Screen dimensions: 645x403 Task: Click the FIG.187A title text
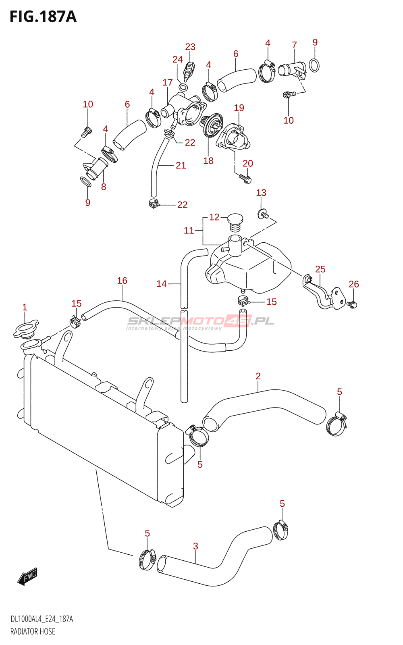point(43,17)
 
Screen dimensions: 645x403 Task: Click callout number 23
point(190,47)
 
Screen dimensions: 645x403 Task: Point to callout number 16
point(122,281)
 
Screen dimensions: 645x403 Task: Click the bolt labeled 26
point(353,304)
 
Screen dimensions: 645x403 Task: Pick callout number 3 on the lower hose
point(195,546)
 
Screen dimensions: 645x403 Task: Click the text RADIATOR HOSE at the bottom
point(33,632)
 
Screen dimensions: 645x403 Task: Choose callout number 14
point(162,284)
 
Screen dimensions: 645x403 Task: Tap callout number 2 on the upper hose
point(258,376)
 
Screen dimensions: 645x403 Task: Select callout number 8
point(104,187)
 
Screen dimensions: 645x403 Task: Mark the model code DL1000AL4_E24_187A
point(42,619)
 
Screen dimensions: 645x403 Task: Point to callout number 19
point(239,108)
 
